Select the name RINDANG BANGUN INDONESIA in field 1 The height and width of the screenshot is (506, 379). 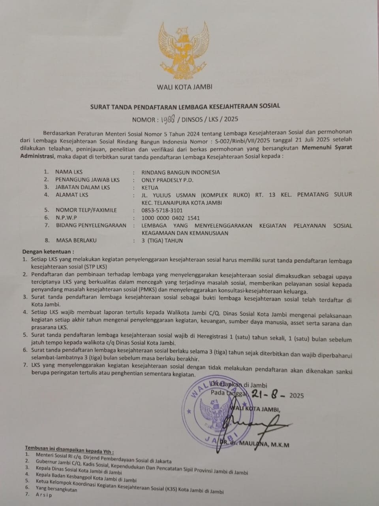(x=181, y=172)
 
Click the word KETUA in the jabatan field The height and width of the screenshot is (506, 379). (x=150, y=187)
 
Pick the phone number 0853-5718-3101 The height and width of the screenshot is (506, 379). (x=162, y=210)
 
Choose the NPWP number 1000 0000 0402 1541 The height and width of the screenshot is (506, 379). (x=171, y=218)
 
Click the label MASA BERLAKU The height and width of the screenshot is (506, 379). (x=77, y=240)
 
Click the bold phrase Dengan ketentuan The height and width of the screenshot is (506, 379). (x=48, y=251)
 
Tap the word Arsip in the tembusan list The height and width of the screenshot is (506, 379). (x=44, y=495)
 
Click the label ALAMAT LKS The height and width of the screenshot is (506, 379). (x=72, y=195)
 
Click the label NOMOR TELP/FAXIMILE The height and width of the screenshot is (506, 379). (x=86, y=210)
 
